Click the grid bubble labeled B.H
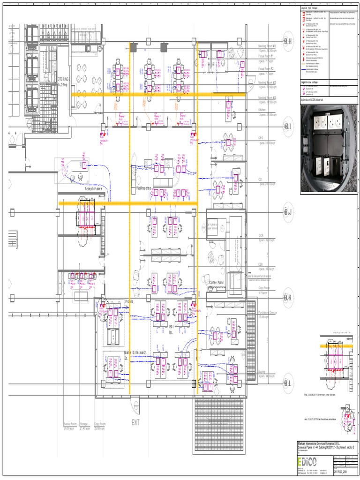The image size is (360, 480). pos(287,42)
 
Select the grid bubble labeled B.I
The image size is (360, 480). pos(287,127)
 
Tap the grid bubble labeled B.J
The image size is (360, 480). pos(287,212)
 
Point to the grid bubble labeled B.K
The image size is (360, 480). pos(287,298)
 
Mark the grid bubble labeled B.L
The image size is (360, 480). pos(287,383)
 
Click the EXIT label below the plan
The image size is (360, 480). pos(136,422)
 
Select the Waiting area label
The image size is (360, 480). pos(144,188)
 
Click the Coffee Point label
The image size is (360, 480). pos(216,283)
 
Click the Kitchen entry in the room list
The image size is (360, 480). pos(265,110)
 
